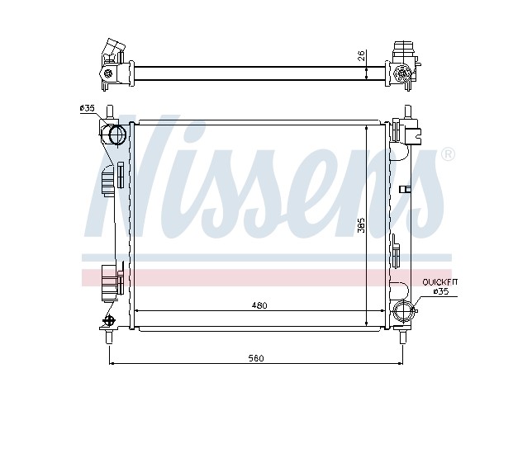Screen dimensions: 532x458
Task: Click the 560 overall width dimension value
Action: coord(256,358)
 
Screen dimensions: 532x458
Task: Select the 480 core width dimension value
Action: coord(259,305)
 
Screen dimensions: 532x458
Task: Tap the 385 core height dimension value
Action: coord(362,224)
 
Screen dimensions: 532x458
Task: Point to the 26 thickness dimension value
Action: coord(362,55)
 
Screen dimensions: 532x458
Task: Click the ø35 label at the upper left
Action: coord(87,108)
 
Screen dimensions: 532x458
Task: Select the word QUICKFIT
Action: coord(440,282)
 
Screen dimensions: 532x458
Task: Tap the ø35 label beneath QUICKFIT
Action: coord(441,291)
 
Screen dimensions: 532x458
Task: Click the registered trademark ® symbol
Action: coord(448,154)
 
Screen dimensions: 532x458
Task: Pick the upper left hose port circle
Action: coord(117,135)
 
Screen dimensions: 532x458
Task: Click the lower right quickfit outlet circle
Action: coord(402,310)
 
